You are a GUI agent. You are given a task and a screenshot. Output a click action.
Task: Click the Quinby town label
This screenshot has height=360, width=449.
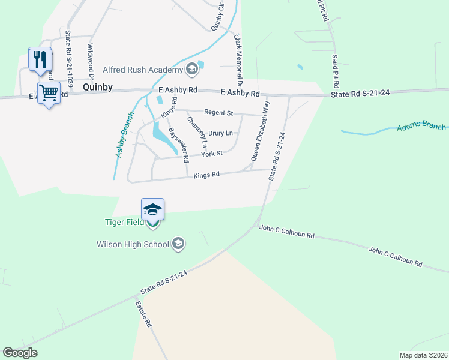[98, 87]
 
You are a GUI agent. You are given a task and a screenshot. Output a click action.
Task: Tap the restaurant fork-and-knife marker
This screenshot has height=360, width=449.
[40, 59]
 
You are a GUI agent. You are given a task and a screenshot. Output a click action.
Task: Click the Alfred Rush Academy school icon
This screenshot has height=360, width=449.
[191, 70]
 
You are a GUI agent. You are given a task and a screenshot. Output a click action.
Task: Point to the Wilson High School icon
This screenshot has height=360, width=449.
[178, 244]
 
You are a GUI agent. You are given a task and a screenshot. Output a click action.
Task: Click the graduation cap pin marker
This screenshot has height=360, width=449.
[152, 210]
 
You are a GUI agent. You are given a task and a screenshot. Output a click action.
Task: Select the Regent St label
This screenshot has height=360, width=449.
[218, 112]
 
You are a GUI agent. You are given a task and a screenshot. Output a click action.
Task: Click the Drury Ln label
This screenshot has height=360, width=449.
[220, 133]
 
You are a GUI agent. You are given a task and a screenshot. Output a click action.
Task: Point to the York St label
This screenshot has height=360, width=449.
[212, 154]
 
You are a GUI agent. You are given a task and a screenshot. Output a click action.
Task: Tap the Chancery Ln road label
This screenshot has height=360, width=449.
[197, 132]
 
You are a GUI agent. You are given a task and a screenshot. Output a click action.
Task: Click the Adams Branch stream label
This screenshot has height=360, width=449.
[421, 127]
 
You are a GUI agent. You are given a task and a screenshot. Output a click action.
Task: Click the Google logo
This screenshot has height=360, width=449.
[20, 353]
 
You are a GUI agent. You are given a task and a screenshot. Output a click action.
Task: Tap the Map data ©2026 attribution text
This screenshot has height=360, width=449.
[423, 355]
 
